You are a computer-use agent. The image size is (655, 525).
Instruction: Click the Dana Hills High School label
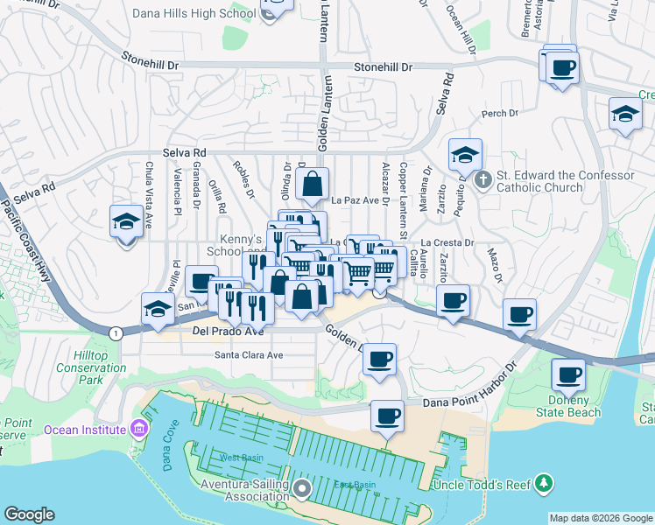(193, 13)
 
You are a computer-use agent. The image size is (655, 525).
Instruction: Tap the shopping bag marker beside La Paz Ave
(312, 185)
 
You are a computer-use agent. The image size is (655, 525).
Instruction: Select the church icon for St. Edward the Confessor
(482, 181)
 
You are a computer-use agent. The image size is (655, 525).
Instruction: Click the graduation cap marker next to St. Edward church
(465, 156)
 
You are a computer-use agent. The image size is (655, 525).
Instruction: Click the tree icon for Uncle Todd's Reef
(545, 482)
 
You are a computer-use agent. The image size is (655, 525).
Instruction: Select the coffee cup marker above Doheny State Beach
(568, 374)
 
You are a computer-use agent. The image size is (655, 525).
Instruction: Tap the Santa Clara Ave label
(250, 355)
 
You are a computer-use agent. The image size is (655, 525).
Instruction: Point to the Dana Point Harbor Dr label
(470, 402)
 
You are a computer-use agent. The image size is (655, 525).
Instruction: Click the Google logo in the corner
(30, 514)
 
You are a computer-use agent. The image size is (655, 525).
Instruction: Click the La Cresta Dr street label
(447, 242)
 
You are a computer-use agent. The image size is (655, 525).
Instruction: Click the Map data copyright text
(601, 517)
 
